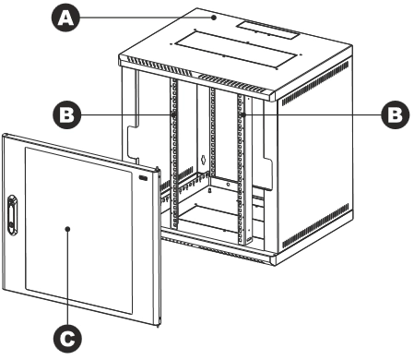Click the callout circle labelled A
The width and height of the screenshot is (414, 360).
coord(65,18)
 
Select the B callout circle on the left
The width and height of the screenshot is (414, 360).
coord(67,115)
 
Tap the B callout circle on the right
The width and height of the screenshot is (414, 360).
coord(396,114)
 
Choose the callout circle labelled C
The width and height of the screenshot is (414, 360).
coord(68,339)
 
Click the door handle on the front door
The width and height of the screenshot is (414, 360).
coord(12,215)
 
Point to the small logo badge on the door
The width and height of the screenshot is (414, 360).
coord(143,177)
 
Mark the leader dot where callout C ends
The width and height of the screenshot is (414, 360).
coord(68,229)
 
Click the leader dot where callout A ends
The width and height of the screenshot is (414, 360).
coord(214,18)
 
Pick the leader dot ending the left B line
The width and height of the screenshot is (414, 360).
coord(173,114)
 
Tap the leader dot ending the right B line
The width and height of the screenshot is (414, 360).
coord(243,114)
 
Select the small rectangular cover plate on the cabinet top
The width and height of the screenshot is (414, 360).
coord(267,30)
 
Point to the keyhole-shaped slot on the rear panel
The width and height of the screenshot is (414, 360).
coord(203,160)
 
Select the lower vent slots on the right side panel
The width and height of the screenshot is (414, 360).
coord(315,226)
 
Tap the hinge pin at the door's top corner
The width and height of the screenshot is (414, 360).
coord(158,170)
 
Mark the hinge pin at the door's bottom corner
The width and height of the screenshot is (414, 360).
coord(158,323)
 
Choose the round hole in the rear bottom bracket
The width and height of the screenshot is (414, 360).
coord(228,185)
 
